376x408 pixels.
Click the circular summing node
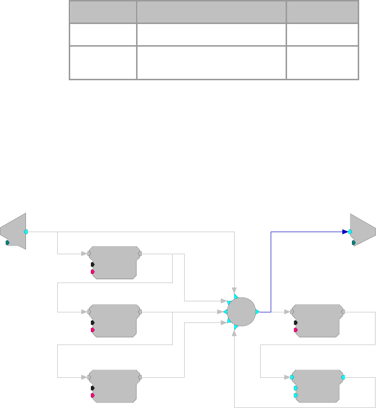pyautogui.click(x=241, y=312)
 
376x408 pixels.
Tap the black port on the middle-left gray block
pyautogui.click(x=92, y=322)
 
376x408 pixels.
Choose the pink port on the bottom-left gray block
pyautogui.click(x=92, y=396)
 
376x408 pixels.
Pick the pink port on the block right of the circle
pyautogui.click(x=295, y=330)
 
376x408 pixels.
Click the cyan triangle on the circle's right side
pyautogui.click(x=257, y=312)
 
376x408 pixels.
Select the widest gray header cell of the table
pyautogui.click(x=212, y=12)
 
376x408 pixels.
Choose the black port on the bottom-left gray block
pyautogui.click(x=92, y=388)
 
